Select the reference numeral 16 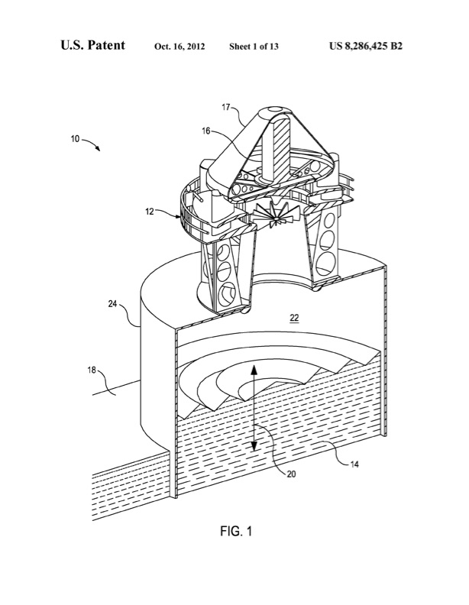click(x=206, y=131)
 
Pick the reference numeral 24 click(x=112, y=303)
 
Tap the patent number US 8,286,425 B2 click(x=365, y=46)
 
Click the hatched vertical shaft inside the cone click(x=279, y=149)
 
